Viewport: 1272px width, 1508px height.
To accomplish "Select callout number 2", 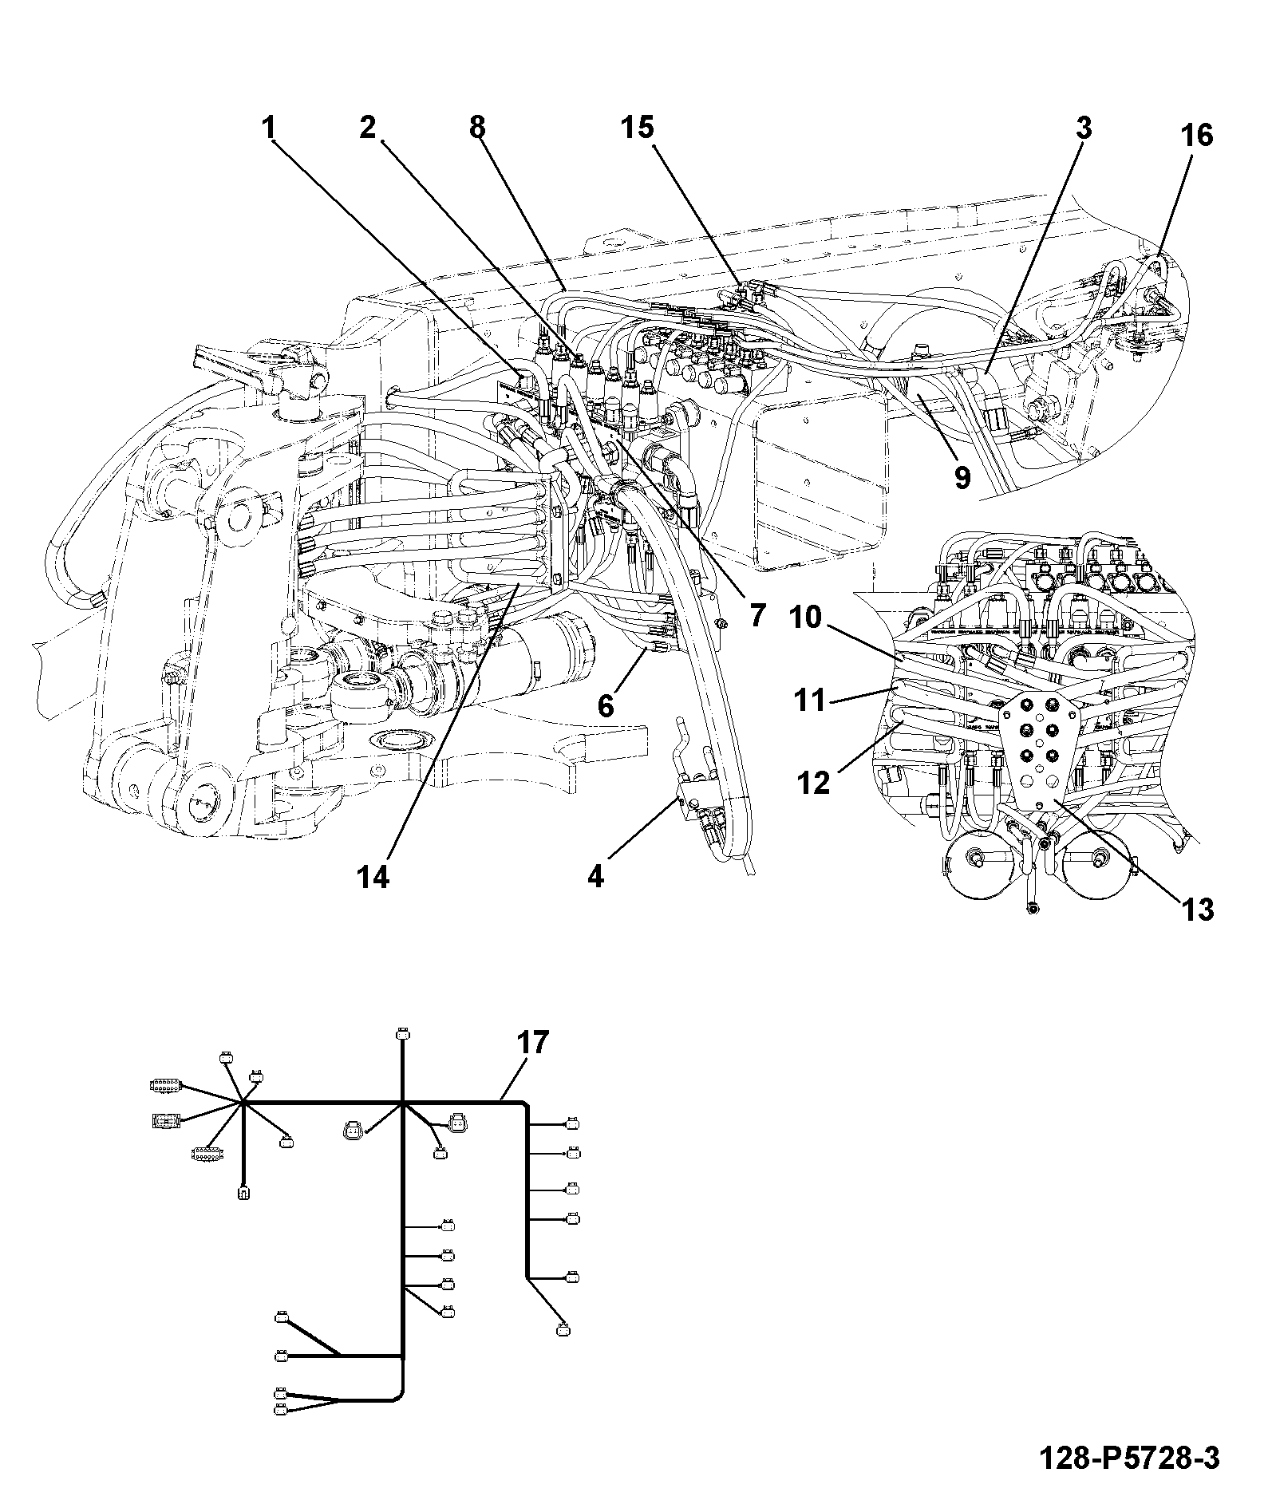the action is tap(367, 127).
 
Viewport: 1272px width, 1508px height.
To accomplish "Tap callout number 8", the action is tap(477, 127).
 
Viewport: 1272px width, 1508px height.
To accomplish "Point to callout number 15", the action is tap(638, 127).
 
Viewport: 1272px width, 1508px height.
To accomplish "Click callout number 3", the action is tap(1082, 128).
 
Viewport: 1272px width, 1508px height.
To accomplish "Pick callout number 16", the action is tap(1196, 136).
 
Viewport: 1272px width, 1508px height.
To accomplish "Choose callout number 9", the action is tap(962, 478).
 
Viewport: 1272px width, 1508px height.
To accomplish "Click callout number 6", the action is tap(606, 705).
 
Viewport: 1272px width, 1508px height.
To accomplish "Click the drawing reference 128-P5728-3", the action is tap(1130, 1459).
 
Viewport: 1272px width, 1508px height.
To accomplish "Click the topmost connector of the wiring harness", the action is tap(402, 1034).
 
